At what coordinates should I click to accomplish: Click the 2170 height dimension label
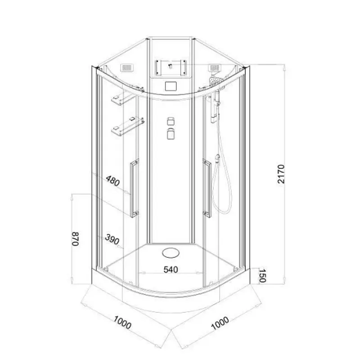(281, 174)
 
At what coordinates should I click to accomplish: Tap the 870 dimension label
(76, 239)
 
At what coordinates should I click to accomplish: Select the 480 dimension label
(113, 181)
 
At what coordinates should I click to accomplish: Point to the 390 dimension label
(112, 239)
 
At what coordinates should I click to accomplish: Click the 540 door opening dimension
(171, 269)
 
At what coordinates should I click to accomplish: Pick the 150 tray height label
(262, 275)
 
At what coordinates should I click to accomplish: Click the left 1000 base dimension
(122, 322)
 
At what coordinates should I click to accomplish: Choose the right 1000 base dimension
(220, 323)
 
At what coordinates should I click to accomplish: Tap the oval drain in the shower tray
(171, 253)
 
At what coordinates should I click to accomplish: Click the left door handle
(134, 188)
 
